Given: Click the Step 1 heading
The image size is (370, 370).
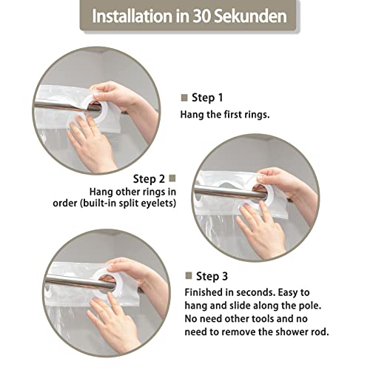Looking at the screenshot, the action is tap(207, 98).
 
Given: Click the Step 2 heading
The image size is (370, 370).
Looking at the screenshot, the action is tap(149, 179).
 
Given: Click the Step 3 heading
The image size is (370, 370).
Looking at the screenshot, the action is tap(212, 277).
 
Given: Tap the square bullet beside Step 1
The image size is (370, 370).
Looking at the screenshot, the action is tap(184, 98).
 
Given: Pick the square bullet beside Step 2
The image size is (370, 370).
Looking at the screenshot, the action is tap(172, 178).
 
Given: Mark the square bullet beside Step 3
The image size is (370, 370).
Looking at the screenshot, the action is tap(189, 276).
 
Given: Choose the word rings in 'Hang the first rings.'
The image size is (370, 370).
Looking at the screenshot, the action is tap(257, 115).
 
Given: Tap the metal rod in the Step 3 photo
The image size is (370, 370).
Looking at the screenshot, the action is tap(80, 281).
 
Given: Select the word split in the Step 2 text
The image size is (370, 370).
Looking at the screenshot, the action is tap(125, 203).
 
